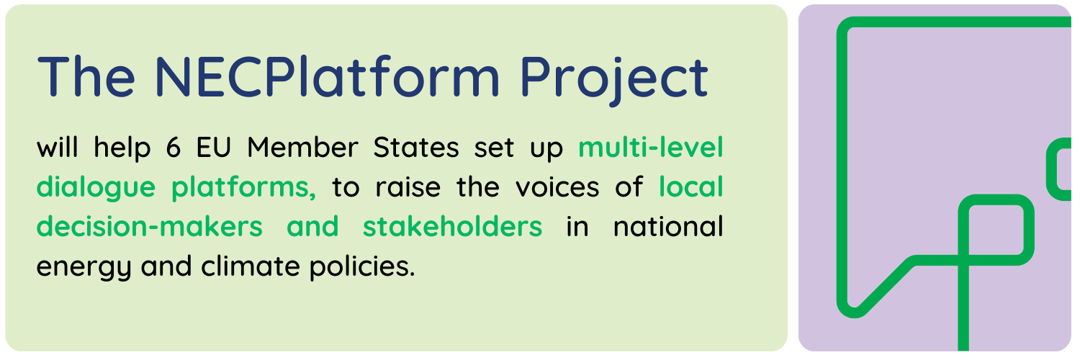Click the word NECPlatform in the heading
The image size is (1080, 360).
coord(327,76)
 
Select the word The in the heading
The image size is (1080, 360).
coord(86,76)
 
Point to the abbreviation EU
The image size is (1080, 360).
coord(215,148)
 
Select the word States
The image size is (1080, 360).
coord(416,148)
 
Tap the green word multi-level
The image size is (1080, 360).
coord(651,148)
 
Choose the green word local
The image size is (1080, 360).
coord(691,187)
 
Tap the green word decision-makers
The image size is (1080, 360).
coord(150,227)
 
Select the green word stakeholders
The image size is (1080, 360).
coord(452,227)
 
